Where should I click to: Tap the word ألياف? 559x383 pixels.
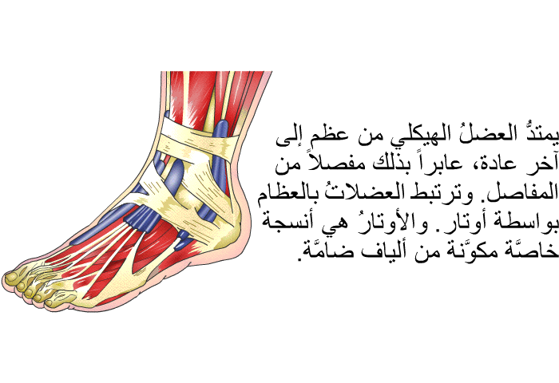point(383,251)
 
